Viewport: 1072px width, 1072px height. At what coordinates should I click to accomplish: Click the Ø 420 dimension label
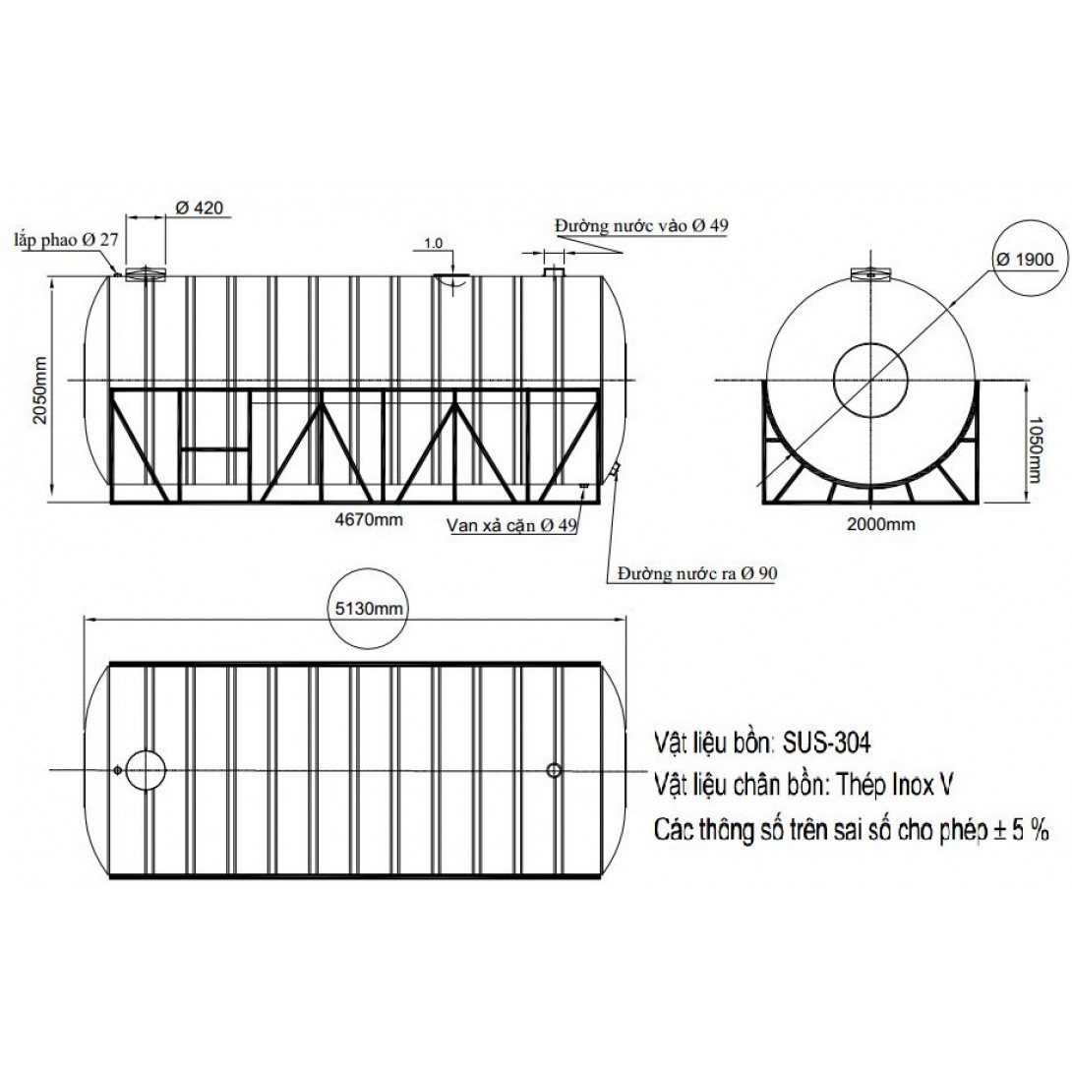[x=200, y=208]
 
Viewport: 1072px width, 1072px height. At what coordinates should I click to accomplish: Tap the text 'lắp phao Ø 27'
[x=66, y=240]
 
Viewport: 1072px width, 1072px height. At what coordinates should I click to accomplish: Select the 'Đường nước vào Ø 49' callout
[x=641, y=225]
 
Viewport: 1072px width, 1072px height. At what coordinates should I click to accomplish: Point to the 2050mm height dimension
[x=40, y=389]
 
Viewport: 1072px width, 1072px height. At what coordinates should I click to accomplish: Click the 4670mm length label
[x=369, y=519]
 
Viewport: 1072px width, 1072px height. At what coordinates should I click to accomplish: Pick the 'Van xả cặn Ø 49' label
[x=511, y=525]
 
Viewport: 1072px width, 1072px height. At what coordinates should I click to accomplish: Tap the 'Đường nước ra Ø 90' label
[x=696, y=573]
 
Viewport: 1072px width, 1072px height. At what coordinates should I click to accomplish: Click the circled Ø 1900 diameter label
[x=1025, y=260]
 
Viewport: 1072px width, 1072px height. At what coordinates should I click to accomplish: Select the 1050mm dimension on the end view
[x=1035, y=449]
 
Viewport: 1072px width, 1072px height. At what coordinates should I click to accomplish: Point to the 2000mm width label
[x=880, y=524]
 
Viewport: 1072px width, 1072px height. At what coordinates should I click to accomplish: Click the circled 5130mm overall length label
[x=369, y=609]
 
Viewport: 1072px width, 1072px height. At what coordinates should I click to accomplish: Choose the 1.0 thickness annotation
[x=434, y=243]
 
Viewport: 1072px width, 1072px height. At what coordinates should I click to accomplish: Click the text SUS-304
[x=826, y=743]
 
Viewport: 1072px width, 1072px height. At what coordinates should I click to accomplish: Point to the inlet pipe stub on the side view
[x=553, y=271]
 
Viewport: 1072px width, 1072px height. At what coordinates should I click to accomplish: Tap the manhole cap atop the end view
[x=870, y=274]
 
